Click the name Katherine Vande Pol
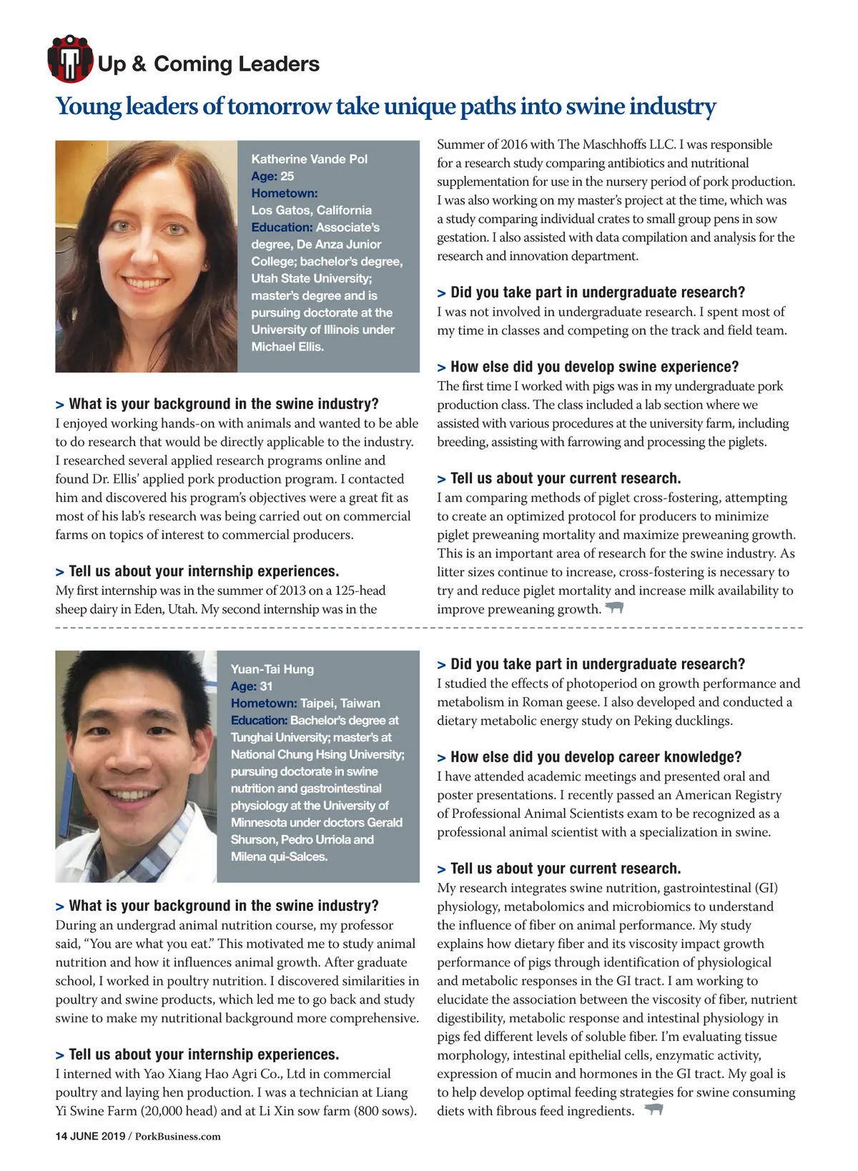pyautogui.click(x=309, y=159)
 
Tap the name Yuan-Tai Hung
pyautogui.click(x=272, y=669)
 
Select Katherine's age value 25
pyautogui.click(x=287, y=176)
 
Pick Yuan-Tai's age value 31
pyautogui.click(x=266, y=686)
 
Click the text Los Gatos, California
pyautogui.click(x=311, y=210)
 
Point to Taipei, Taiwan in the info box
pyautogui.click(x=340, y=703)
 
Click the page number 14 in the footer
pyautogui.click(x=61, y=1136)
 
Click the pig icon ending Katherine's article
pyautogui.click(x=614, y=608)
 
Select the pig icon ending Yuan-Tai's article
pyautogui.click(x=654, y=1110)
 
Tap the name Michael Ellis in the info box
pyautogui.click(x=287, y=347)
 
